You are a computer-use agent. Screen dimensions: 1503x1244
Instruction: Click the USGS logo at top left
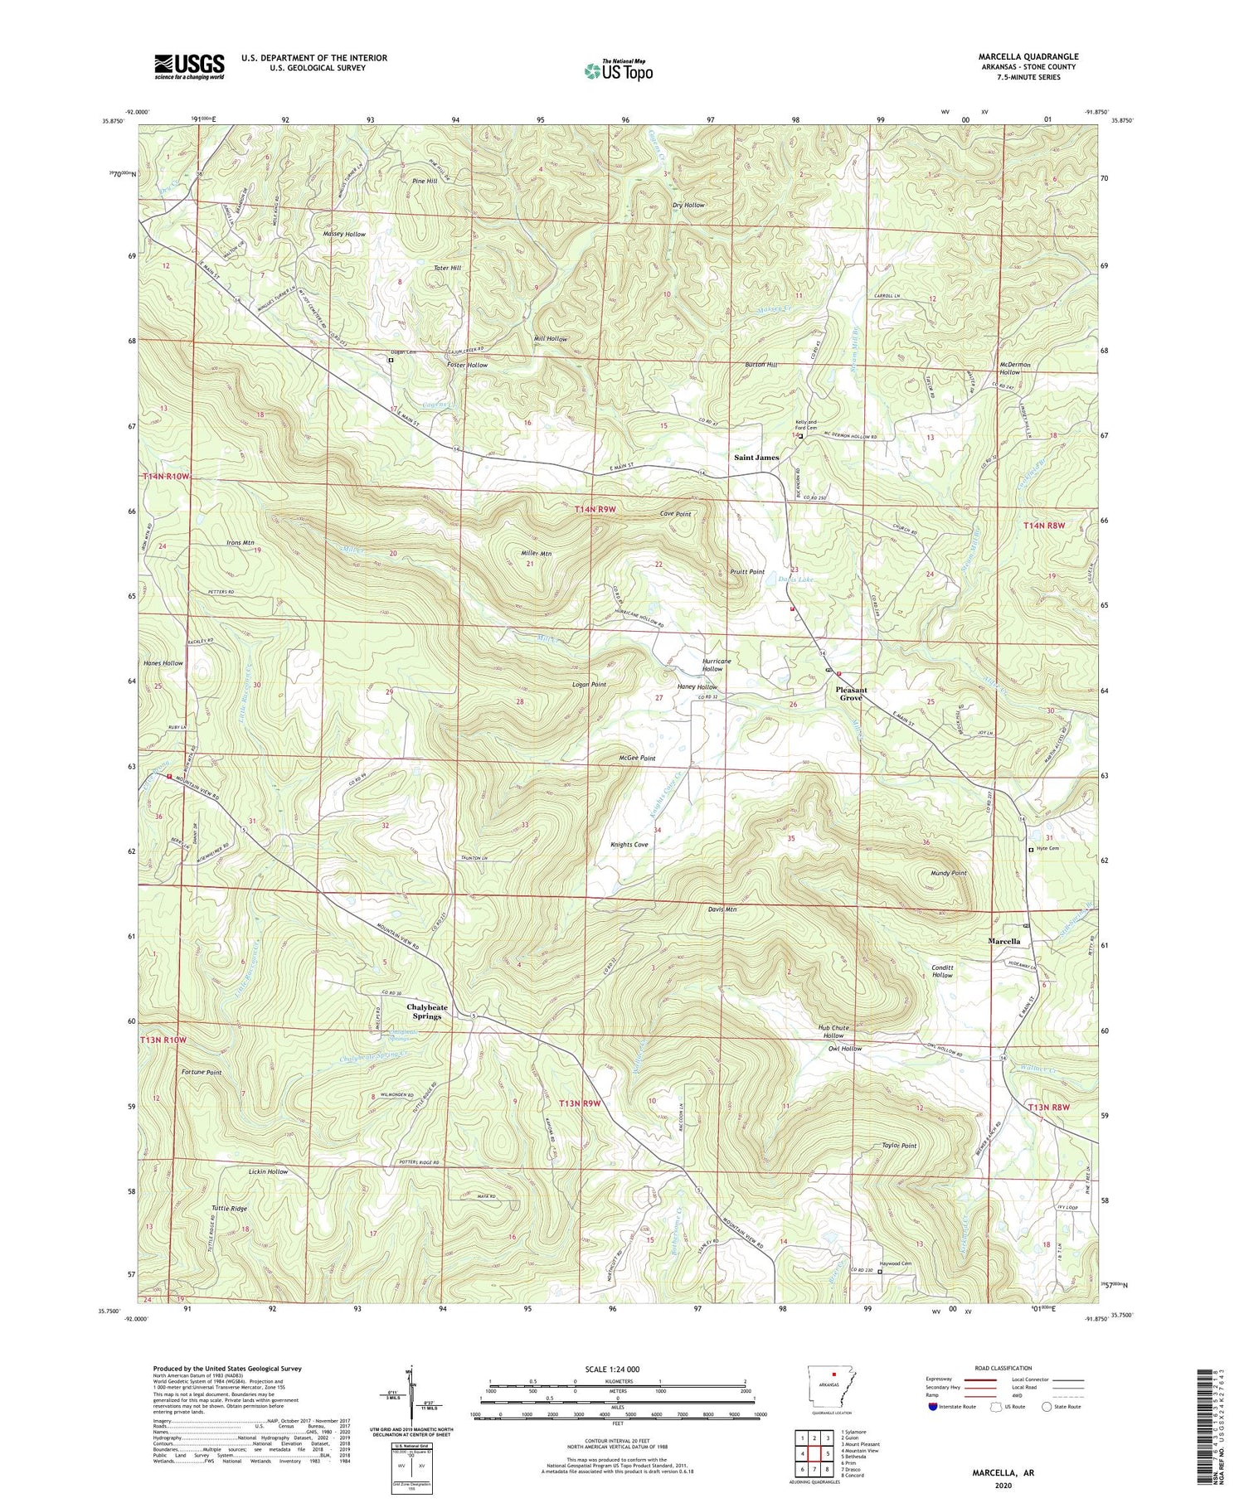tap(189, 65)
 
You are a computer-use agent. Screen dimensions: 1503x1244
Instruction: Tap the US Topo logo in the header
tap(618, 70)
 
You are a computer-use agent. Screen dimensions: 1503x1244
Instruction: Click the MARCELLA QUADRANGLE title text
tap(1028, 56)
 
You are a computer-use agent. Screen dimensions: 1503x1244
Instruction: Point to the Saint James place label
tap(756, 458)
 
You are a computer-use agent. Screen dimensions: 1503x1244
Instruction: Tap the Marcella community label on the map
tap(1003, 942)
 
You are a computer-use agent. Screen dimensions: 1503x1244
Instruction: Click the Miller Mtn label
tap(535, 554)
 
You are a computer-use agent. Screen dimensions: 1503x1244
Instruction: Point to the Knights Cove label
tap(629, 845)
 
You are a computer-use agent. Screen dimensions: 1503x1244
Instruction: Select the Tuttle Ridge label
tap(229, 1209)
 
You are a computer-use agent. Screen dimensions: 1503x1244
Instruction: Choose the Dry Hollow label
tap(688, 205)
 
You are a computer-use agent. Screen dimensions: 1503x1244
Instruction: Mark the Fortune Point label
tap(202, 1073)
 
